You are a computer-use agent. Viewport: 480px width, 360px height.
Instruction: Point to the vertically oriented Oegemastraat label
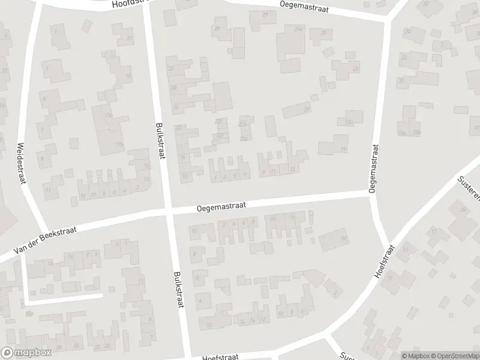[374, 167]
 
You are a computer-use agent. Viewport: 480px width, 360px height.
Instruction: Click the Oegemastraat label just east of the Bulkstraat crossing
[221, 206]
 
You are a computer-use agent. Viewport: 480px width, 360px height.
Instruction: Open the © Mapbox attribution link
[415, 356]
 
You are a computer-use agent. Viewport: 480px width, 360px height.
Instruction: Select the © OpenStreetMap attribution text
[454, 356]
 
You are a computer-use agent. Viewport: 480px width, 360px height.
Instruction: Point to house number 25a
[298, 28]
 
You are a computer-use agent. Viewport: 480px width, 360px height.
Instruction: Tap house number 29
[217, 28]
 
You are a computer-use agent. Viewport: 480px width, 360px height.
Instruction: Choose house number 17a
[108, 115]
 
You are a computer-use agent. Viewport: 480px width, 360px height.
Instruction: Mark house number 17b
[119, 144]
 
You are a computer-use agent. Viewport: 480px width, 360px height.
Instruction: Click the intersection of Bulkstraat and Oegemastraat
[169, 211]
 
